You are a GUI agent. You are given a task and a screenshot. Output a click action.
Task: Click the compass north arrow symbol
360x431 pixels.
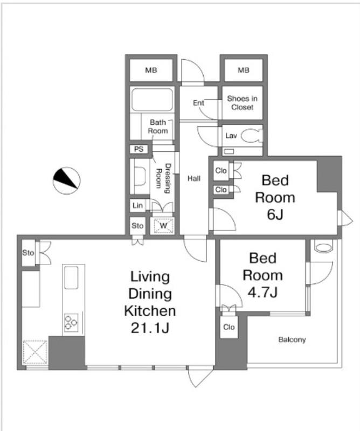[x=66, y=180]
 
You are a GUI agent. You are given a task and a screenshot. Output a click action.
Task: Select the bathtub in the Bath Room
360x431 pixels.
[x=152, y=100]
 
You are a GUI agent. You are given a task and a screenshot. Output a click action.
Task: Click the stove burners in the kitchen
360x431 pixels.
[x=71, y=322]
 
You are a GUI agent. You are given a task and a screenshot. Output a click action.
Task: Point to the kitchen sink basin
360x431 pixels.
[x=71, y=277]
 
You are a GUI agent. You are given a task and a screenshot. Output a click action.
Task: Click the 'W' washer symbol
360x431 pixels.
[x=163, y=226]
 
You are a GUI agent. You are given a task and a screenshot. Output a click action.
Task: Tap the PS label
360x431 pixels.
[x=139, y=149]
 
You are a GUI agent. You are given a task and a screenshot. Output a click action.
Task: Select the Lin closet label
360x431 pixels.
[x=137, y=205]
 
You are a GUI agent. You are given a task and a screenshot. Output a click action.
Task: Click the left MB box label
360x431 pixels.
[x=151, y=71]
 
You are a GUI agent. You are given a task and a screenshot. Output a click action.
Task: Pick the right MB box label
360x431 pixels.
[x=244, y=71]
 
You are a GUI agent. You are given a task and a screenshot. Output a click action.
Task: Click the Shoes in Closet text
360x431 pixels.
[x=243, y=102]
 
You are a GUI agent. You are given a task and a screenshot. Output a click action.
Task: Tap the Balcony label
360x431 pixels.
[x=292, y=340]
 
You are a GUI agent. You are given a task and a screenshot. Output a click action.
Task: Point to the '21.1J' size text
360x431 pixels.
[x=150, y=328]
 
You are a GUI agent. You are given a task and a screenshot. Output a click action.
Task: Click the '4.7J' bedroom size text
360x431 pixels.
[x=262, y=292]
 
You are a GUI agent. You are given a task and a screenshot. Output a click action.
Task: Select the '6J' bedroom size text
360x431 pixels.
[x=275, y=214]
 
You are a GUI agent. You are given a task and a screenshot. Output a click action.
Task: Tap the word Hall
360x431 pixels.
[x=194, y=179]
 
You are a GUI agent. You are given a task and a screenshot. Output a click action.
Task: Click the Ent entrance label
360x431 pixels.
[x=198, y=103]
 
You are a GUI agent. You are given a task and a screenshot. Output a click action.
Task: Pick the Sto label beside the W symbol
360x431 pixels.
[x=137, y=226]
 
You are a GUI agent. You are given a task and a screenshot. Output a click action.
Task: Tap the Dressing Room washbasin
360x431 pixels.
[x=140, y=177]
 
